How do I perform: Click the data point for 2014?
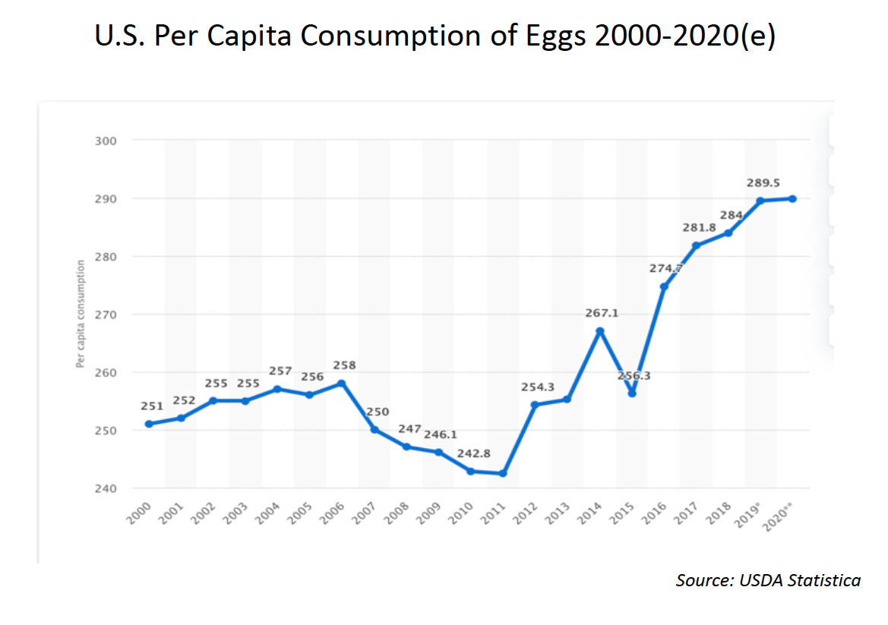click(x=599, y=331)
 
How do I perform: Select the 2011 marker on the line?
click(x=503, y=473)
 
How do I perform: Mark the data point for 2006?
click(x=341, y=384)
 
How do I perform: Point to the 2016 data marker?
click(x=664, y=286)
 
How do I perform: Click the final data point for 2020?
click(x=792, y=199)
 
